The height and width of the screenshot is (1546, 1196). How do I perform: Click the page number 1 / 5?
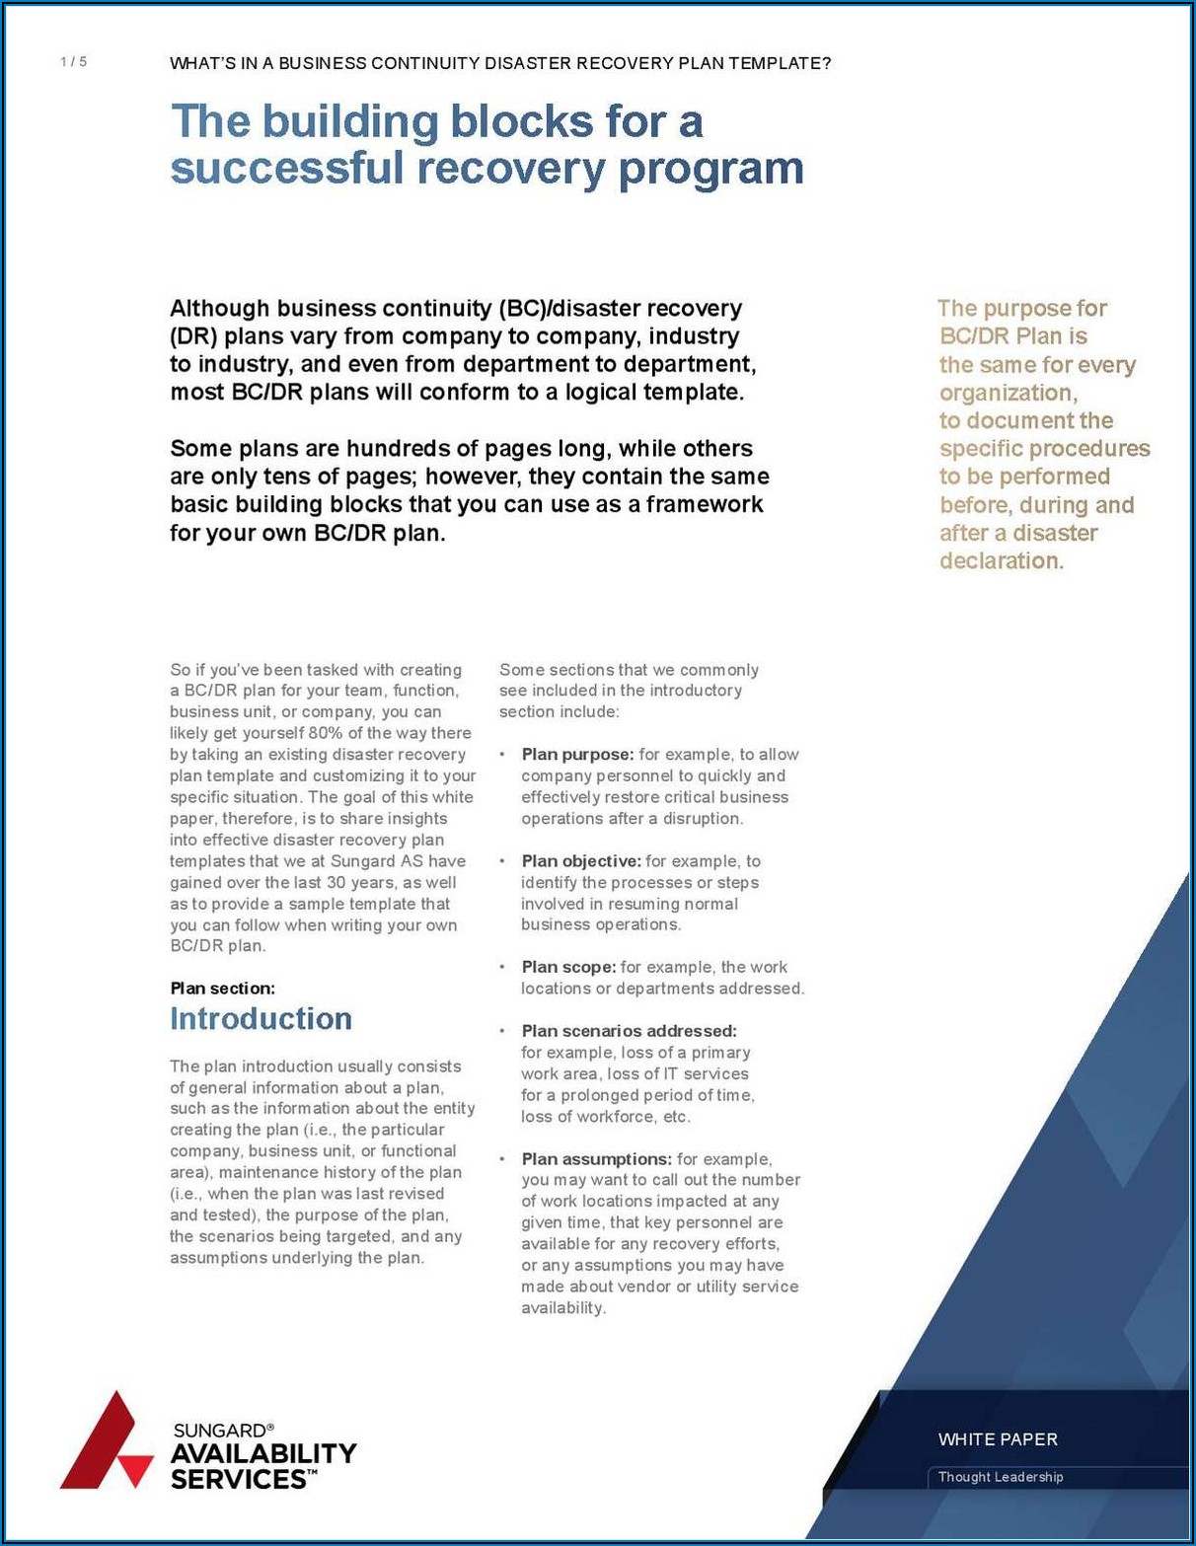(x=73, y=62)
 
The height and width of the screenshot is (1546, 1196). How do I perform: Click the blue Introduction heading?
(x=261, y=1018)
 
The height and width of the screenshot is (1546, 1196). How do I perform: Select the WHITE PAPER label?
(x=998, y=1439)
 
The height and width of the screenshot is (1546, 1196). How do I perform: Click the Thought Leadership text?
(x=1001, y=1477)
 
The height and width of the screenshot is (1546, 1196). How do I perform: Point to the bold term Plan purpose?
(x=577, y=755)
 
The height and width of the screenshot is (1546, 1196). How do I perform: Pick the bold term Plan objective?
(x=581, y=861)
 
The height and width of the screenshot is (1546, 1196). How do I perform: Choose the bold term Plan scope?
(x=568, y=967)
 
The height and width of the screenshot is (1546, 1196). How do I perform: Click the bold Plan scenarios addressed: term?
(x=629, y=1031)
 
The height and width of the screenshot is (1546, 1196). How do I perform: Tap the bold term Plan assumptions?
(x=596, y=1159)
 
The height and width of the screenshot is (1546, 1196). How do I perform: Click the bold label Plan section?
(x=222, y=988)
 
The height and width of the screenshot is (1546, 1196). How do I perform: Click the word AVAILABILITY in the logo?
(x=263, y=1453)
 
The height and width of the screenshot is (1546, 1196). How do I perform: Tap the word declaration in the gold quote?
(x=1001, y=560)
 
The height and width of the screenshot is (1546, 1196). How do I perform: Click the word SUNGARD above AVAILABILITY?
(x=219, y=1430)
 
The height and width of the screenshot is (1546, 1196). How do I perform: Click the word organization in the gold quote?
(x=1007, y=393)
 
